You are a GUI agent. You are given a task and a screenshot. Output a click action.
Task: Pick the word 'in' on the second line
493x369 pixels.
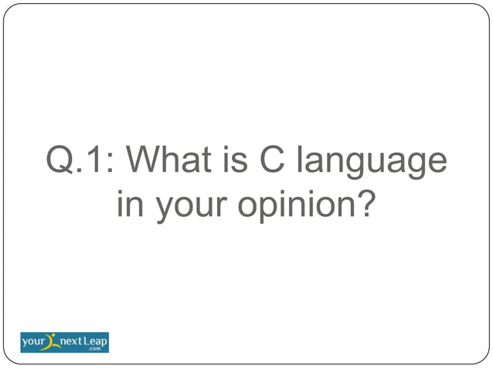coord(128,205)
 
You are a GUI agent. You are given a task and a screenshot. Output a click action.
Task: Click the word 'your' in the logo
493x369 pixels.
coord(35,340)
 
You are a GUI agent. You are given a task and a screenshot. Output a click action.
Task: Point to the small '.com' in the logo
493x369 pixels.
coord(97,348)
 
